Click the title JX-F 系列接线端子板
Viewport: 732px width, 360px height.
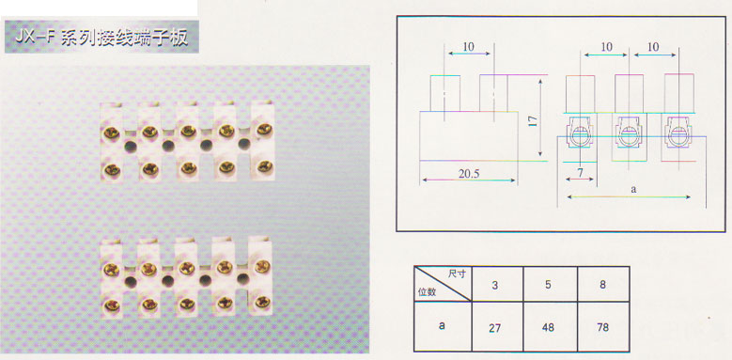(101, 37)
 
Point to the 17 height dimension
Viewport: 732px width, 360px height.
(534, 121)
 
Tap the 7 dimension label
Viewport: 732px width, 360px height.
(581, 172)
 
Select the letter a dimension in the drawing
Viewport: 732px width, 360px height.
(633, 190)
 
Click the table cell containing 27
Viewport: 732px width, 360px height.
(495, 327)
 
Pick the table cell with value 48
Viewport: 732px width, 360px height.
(549, 327)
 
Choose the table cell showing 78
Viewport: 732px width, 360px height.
(603, 327)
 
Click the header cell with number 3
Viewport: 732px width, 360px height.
(495, 285)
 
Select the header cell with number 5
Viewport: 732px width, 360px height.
(549, 285)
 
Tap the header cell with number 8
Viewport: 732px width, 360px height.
(603, 285)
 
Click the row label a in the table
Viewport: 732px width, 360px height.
(442, 325)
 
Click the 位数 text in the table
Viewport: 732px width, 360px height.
(427, 292)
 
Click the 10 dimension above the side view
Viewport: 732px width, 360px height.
(469, 46)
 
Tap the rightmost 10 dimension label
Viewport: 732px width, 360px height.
(654, 47)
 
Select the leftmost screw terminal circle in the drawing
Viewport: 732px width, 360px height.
(580, 136)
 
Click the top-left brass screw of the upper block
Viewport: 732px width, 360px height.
(112, 133)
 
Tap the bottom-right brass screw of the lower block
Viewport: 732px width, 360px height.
(262, 302)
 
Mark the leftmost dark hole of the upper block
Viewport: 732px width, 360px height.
(131, 147)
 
